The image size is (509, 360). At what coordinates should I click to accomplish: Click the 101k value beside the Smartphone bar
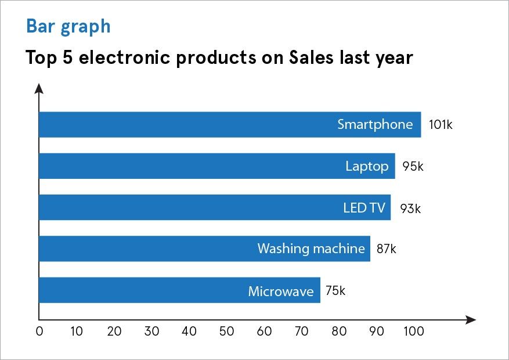(440, 124)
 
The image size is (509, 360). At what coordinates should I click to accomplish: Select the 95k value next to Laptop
(413, 166)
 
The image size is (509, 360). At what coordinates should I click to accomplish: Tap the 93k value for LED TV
(410, 208)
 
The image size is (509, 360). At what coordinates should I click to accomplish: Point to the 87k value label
(386, 249)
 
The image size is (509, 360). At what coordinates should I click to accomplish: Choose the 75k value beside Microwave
(335, 291)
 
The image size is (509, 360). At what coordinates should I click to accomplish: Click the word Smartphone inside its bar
(375, 124)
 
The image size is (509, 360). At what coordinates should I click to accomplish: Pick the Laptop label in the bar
(367, 166)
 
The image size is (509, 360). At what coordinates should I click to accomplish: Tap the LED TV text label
(364, 208)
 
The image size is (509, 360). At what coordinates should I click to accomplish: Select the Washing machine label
(311, 249)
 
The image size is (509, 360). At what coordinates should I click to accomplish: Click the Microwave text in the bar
(281, 291)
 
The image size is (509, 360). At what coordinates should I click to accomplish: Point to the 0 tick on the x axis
(39, 332)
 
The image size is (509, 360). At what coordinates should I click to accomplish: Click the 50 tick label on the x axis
(227, 332)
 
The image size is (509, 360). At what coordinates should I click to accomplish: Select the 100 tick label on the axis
(413, 332)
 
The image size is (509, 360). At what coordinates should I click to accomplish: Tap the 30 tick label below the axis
(152, 332)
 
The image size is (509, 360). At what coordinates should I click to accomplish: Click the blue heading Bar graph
(68, 26)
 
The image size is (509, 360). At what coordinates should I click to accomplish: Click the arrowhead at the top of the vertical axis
(39, 88)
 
